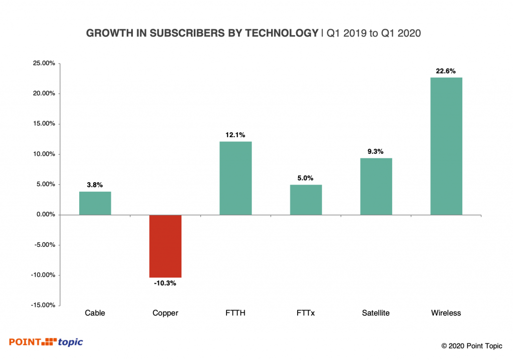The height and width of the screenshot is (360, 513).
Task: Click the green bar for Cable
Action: click(x=95, y=203)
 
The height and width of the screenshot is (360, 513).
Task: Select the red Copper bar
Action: click(x=165, y=246)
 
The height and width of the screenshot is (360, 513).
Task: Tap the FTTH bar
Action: click(x=235, y=178)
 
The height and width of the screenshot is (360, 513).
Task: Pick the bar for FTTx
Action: click(x=306, y=200)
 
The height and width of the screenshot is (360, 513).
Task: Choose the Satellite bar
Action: click(x=376, y=186)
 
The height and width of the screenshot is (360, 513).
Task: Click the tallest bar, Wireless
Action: click(x=446, y=146)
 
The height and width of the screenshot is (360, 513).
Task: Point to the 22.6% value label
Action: click(x=446, y=71)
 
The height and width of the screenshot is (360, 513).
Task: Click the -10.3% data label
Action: click(x=165, y=283)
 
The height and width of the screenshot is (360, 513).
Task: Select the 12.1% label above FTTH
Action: click(x=235, y=135)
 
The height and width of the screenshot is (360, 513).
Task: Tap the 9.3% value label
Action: click(x=376, y=151)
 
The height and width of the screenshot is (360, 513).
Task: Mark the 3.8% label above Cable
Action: click(x=95, y=185)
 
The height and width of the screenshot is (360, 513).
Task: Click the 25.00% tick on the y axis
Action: click(x=43, y=64)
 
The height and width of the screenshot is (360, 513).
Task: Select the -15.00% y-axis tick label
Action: click(x=42, y=305)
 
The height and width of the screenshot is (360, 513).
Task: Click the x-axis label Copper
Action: click(x=165, y=313)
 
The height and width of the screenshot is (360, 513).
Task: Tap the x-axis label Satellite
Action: click(x=376, y=313)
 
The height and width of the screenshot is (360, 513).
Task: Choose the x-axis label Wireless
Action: click(x=446, y=313)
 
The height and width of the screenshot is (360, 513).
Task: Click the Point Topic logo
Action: click(x=46, y=342)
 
